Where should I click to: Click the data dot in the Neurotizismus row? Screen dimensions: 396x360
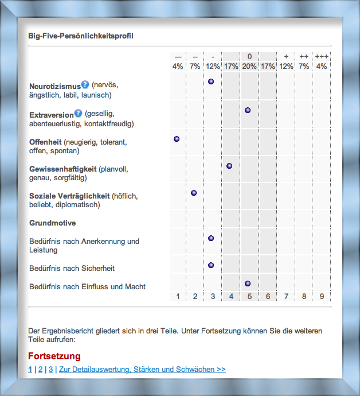click(211, 82)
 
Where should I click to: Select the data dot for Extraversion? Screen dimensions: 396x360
click(248, 110)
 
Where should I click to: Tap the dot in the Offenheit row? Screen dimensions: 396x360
click(177, 139)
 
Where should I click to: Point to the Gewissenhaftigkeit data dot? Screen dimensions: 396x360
click(229, 166)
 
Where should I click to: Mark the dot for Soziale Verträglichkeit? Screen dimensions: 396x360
click(194, 193)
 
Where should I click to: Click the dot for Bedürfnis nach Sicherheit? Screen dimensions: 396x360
click(211, 265)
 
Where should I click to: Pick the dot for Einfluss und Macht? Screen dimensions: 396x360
click(248, 284)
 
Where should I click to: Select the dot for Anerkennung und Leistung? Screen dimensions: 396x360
click(211, 238)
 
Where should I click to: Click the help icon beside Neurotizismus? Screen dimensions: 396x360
click(85, 84)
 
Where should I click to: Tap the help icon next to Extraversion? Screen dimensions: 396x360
click(78, 113)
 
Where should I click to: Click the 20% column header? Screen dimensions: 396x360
click(249, 66)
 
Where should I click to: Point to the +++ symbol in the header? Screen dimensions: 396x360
click(322, 56)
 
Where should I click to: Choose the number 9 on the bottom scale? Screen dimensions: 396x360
click(322, 296)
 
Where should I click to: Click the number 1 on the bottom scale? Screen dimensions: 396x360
click(178, 296)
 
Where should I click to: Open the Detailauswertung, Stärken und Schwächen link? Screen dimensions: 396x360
click(142, 370)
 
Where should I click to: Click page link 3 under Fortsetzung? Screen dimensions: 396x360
click(50, 370)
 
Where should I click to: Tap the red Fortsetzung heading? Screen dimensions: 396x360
click(54, 356)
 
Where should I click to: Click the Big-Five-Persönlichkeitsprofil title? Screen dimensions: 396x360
click(81, 36)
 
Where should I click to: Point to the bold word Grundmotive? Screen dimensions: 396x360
click(53, 223)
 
